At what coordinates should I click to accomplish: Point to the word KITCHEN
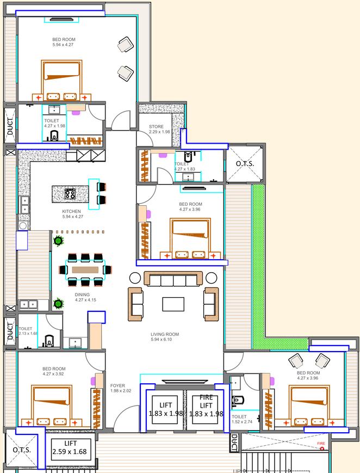tap(71, 211)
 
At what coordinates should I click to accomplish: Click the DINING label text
tap(83, 294)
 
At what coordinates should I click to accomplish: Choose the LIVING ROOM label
tap(165, 334)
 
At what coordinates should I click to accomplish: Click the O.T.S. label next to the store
tap(245, 164)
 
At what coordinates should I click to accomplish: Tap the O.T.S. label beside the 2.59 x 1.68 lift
tap(22, 450)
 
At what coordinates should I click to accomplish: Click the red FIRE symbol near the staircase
tap(322, 449)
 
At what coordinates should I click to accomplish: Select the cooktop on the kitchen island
tap(71, 193)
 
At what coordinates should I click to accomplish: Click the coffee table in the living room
tap(173, 303)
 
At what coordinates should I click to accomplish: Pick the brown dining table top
tap(86, 269)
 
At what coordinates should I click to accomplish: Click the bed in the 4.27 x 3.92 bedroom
tap(51, 405)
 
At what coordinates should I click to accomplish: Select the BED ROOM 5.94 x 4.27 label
tap(64, 42)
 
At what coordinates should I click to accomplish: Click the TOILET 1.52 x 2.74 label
tap(239, 420)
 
